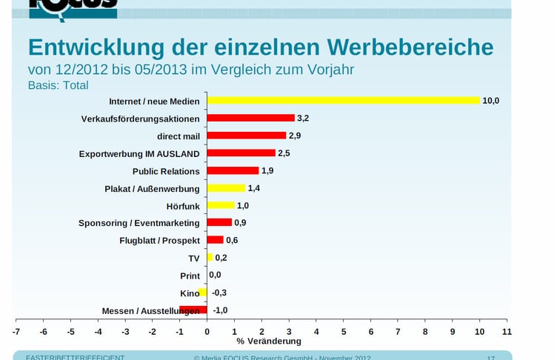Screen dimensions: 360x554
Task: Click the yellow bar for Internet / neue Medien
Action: (343, 101)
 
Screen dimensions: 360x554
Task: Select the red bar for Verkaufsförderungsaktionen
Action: (250, 118)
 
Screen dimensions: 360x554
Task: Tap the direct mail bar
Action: (247, 136)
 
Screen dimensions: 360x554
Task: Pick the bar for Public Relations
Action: (233, 170)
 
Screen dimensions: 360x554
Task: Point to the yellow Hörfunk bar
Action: (221, 205)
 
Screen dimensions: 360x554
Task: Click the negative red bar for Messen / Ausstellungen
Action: (193, 310)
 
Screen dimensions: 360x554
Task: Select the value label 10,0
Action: (491, 101)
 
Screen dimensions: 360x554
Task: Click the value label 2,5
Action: (284, 153)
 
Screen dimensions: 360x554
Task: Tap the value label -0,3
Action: (220, 293)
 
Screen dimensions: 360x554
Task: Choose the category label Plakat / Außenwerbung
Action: (152, 189)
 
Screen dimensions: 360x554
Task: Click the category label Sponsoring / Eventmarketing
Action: (139, 223)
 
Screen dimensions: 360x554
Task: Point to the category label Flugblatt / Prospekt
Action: (159, 241)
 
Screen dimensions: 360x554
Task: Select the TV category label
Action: (194, 259)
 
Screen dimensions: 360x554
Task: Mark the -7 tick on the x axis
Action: (16, 331)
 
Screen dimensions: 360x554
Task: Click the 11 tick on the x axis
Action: (507, 331)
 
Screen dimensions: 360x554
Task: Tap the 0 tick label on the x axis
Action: (207, 331)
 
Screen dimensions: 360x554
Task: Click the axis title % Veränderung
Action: (269, 341)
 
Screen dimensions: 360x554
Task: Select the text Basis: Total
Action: (58, 85)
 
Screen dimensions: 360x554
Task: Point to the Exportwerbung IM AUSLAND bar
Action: (241, 153)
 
